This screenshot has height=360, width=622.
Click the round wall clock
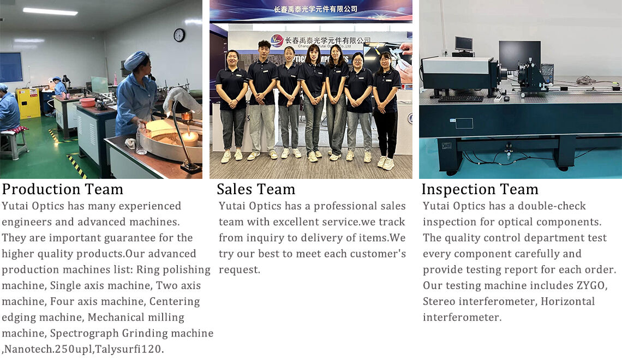[180, 35]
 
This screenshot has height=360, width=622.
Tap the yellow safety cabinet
[28, 103]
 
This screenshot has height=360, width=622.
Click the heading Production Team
[63, 189]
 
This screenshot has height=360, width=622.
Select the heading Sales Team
[256, 189]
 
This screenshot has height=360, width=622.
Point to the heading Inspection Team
[480, 189]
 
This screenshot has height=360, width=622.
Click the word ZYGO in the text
[591, 285]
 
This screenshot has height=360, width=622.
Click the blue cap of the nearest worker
[136, 60]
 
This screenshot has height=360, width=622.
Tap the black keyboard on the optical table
[460, 99]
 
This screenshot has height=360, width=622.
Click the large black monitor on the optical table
[519, 56]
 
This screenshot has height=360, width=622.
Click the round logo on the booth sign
[277, 41]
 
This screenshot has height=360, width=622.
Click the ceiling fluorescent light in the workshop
[50, 11]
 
